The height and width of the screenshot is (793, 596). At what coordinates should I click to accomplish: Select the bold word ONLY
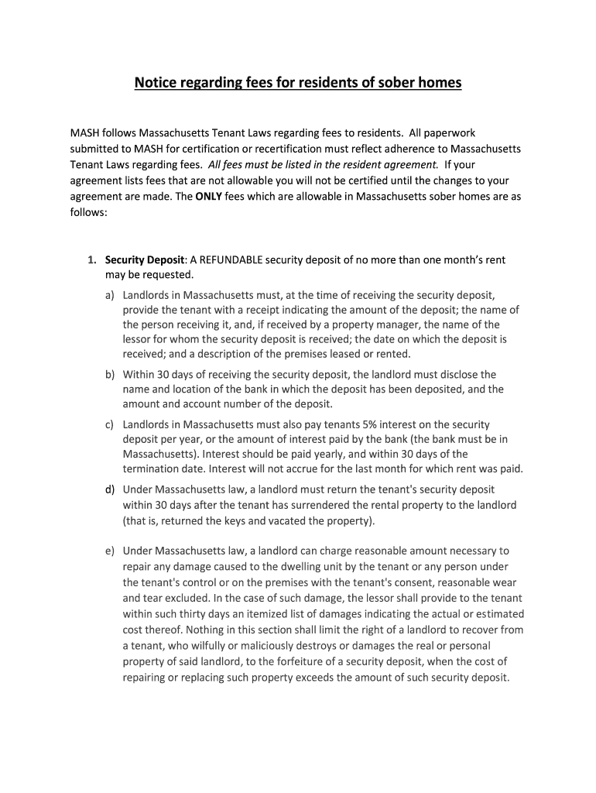pyautogui.click(x=208, y=197)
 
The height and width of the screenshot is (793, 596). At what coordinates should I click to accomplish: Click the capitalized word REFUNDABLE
pyautogui.click(x=231, y=260)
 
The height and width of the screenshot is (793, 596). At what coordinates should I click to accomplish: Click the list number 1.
pyautogui.click(x=91, y=260)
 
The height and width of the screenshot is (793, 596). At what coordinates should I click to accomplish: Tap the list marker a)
pyautogui.click(x=110, y=296)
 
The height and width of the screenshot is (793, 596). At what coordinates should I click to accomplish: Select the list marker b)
pyautogui.click(x=110, y=375)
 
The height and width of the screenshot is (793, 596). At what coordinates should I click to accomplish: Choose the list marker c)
pyautogui.click(x=110, y=425)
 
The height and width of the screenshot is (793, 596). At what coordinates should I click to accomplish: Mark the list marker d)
pyautogui.click(x=110, y=490)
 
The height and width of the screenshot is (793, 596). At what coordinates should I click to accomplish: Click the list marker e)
pyautogui.click(x=110, y=551)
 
